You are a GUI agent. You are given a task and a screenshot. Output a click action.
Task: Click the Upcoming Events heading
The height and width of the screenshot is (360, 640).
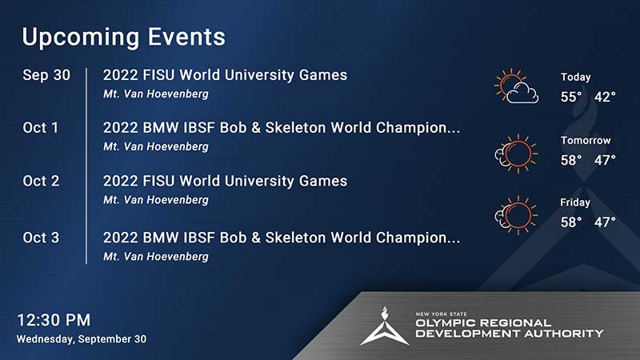123,38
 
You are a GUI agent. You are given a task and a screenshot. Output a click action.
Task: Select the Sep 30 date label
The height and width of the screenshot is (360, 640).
46,75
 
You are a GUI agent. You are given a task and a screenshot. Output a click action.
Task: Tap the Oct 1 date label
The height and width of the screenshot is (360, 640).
41,128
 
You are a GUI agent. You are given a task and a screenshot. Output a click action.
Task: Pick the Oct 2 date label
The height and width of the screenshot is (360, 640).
42,181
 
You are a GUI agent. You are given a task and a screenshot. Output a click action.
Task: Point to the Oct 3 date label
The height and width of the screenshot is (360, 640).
42,238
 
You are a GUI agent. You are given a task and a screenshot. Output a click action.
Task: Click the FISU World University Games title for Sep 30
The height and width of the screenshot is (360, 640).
225,75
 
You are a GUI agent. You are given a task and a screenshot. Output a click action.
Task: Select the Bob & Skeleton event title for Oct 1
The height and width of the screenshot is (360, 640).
282,128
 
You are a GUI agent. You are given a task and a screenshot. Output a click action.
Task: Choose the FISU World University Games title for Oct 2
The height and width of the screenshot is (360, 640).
225,181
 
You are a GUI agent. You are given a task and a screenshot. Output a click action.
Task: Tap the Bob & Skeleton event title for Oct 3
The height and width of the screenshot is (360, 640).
282,238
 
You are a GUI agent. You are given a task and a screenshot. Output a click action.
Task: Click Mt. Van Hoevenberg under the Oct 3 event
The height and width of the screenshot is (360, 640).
156,257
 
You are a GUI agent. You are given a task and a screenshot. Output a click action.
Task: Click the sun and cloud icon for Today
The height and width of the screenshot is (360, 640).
516,86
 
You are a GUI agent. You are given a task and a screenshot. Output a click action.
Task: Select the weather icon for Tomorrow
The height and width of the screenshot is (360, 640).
516,154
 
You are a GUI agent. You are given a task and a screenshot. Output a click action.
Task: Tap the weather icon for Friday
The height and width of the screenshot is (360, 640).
516,215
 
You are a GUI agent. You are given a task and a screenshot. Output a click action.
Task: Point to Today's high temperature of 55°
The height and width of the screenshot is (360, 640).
571,97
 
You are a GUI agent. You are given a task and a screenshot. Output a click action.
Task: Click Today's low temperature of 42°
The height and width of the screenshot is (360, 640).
605,97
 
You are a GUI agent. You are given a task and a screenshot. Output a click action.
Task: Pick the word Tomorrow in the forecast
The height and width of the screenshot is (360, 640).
586,141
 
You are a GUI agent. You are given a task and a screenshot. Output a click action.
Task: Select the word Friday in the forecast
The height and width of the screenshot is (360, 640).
575,202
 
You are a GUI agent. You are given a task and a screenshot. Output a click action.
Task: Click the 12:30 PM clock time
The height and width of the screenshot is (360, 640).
54,320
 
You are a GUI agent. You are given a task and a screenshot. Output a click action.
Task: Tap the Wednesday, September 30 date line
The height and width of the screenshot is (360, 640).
82,339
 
